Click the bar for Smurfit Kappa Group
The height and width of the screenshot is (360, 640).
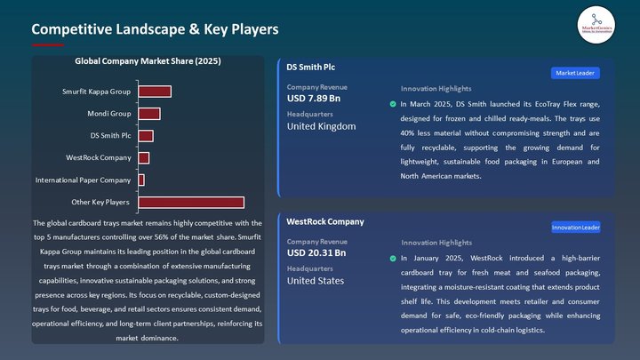coord(155,92)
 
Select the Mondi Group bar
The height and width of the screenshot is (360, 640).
coord(149,114)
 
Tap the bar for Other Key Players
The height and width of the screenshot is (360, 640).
coord(191,203)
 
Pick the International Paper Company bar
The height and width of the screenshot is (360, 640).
coord(141,180)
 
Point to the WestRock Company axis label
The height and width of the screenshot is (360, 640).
coord(99,158)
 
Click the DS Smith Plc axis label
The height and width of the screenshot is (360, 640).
coord(110,136)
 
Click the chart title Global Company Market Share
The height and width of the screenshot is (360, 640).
coord(148,61)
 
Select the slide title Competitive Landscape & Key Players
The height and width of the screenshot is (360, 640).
coord(155,29)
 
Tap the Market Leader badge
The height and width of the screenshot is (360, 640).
coord(575,73)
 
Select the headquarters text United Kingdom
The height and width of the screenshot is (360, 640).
coord(321,126)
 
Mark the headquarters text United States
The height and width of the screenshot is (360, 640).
coord(315,281)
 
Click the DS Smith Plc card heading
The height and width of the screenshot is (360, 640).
coord(311,68)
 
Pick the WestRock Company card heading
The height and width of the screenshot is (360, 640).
coord(324,221)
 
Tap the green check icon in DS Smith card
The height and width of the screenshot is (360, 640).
coord(393,105)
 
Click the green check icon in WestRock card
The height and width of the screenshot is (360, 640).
coord(393,259)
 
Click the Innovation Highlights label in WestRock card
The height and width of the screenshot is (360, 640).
coord(436,243)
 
